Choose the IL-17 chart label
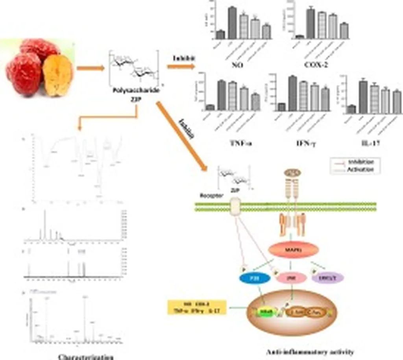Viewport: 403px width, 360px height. tap(372, 144)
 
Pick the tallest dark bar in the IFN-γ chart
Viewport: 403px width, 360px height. tap(292, 93)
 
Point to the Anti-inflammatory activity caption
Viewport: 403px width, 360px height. tap(310, 352)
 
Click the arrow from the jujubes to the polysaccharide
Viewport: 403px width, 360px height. tap(91, 68)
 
